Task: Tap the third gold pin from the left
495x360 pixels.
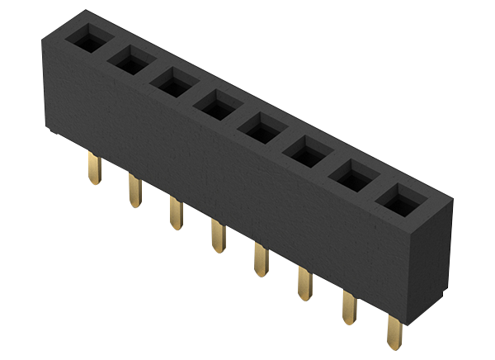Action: click(176, 213)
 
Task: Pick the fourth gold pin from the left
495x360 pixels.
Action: click(219, 237)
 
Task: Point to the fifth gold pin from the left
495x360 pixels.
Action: click(262, 260)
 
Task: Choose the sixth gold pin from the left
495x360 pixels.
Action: click(305, 283)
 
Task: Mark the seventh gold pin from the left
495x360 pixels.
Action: click(350, 308)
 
